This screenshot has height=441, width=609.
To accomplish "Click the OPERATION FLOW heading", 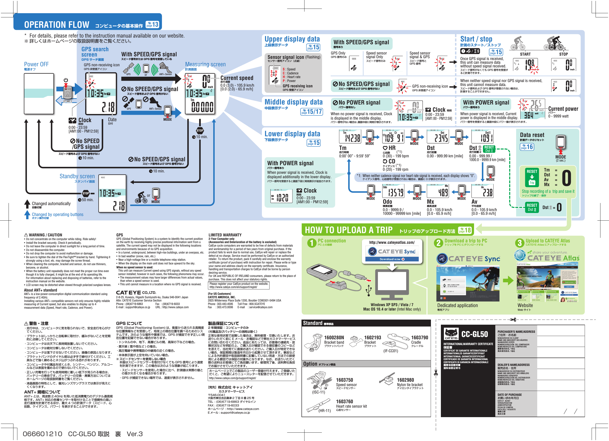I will (57, 25).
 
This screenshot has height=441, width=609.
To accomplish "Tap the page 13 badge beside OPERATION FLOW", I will (152, 25).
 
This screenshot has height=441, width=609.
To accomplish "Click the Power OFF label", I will (36, 64).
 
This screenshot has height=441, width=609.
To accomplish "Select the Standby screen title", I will (77, 176).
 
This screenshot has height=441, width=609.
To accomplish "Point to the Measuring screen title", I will (205, 64).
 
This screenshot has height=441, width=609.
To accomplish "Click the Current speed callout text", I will (237, 78).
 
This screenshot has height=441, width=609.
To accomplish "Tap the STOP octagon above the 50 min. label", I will (86, 193).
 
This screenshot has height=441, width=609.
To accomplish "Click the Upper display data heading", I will (292, 39).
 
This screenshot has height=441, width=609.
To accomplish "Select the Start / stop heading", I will (476, 39).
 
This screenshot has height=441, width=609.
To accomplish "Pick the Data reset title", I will (532, 135).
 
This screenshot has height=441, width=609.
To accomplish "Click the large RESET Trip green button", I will (532, 177).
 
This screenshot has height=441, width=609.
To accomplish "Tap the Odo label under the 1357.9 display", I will (387, 202).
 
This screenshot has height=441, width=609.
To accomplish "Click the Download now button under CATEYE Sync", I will (392, 259).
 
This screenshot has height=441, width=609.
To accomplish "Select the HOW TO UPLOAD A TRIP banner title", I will (348, 230).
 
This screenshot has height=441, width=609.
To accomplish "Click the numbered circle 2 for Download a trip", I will (438, 243).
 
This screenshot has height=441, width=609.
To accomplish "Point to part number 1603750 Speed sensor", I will (344, 380).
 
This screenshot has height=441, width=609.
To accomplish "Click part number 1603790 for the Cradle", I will (419, 338).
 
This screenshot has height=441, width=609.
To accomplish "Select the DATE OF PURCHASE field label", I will (509, 394).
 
